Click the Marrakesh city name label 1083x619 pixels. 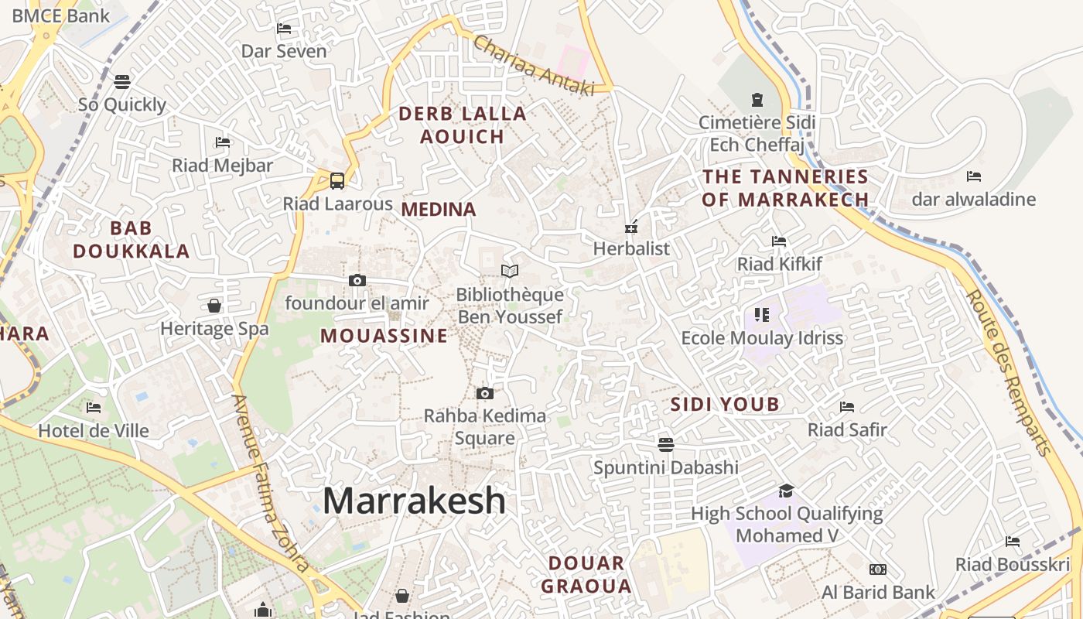tap(414, 501)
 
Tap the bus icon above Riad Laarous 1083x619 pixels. tap(337, 181)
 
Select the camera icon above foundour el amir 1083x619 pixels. tap(357, 280)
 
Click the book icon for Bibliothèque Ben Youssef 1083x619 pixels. tap(509, 271)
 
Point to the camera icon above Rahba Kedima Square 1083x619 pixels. tap(485, 393)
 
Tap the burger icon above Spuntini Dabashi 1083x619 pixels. tap(666, 444)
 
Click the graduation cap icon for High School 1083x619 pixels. tap(786, 491)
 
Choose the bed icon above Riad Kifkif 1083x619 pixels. tap(779, 241)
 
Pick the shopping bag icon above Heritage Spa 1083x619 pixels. tap(214, 306)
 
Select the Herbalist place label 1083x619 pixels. tap(631, 248)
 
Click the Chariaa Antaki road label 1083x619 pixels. tap(533, 66)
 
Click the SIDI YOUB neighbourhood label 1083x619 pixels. tap(725, 404)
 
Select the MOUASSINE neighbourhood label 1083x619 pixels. tap(384, 335)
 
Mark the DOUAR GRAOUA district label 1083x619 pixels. tap(586, 574)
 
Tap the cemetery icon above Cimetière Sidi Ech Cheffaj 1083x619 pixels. tap(757, 100)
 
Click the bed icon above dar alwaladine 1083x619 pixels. tap(974, 176)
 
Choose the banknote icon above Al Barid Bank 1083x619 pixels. tap(877, 569)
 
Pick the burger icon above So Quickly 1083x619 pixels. tap(122, 81)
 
